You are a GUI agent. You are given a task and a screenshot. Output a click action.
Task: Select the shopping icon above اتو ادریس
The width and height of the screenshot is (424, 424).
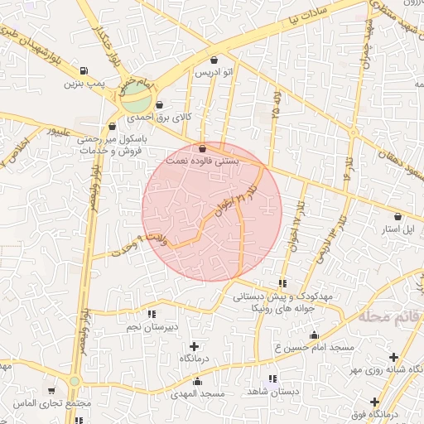pos(215,60)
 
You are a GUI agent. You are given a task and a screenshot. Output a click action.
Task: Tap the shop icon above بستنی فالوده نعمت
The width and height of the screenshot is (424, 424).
pos(203,148)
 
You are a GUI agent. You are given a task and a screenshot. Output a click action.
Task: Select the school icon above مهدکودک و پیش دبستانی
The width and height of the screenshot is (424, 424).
pos(284,283)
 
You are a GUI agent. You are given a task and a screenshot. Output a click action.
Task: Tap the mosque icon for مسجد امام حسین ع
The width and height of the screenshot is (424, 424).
pos(314,335)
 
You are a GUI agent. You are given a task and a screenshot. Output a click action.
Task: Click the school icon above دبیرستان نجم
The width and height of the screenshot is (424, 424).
pos(151,314)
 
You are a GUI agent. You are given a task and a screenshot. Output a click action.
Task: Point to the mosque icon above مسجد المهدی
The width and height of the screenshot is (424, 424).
pos(197,382)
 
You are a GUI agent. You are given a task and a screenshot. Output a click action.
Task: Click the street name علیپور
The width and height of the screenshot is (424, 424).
pos(64,131)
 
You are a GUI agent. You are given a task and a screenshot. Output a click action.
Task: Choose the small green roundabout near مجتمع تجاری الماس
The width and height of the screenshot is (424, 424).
pos(75,382)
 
